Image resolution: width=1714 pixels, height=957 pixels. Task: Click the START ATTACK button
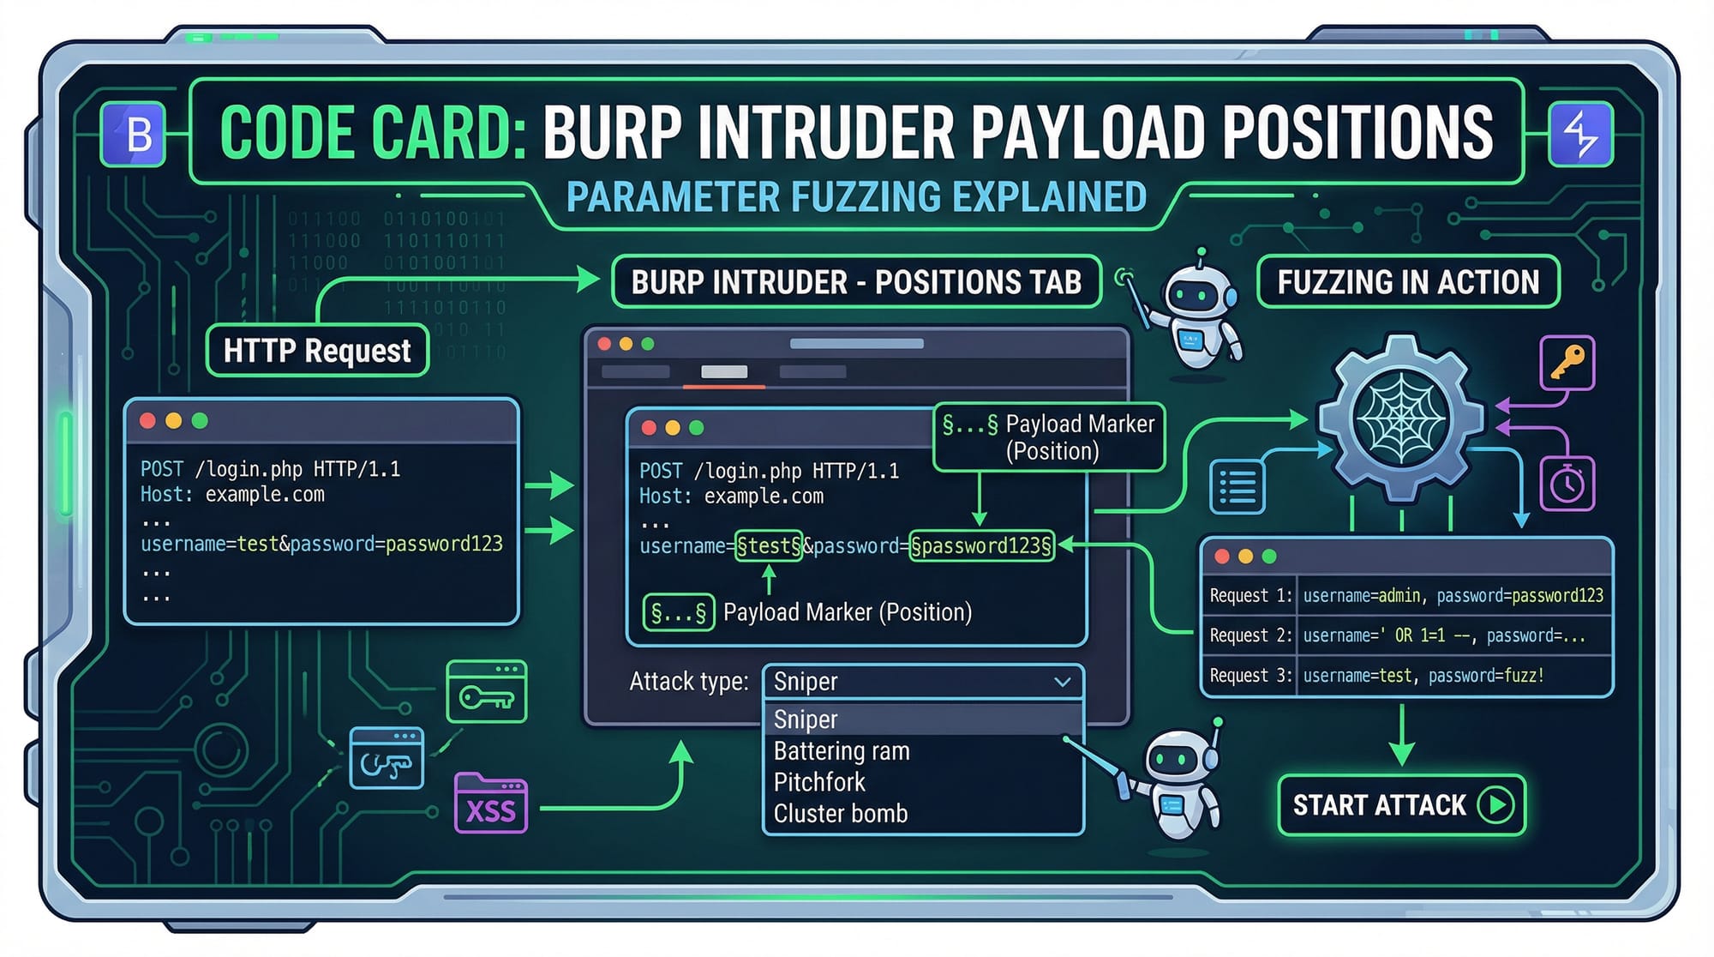click(1401, 805)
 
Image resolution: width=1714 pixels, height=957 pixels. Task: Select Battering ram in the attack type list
click(841, 751)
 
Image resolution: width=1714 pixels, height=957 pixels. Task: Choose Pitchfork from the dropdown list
click(819, 782)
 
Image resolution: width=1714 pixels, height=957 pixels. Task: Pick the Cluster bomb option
click(840, 813)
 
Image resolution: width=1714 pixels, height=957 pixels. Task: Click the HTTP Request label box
click(317, 351)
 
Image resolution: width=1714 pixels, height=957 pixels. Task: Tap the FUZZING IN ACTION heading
click(1408, 282)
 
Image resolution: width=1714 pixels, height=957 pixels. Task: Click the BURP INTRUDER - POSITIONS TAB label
click(856, 282)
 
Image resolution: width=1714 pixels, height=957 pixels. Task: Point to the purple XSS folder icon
click(490, 804)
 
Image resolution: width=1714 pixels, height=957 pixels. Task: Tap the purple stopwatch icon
click(1567, 484)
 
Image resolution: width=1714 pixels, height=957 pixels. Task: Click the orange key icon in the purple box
click(1567, 363)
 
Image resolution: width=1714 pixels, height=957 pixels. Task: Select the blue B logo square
click(134, 135)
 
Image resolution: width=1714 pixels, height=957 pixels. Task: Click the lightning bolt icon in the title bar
click(1580, 135)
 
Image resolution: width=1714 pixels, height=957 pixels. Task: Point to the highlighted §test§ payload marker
click(769, 545)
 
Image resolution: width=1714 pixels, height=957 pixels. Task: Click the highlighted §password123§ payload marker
click(981, 545)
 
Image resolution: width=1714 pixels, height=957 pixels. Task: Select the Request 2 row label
click(1250, 635)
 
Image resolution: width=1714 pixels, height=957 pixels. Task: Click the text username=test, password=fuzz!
click(1423, 676)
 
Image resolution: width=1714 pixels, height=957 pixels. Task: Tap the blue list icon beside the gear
click(1237, 486)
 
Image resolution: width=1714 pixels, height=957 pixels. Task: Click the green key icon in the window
click(486, 693)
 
